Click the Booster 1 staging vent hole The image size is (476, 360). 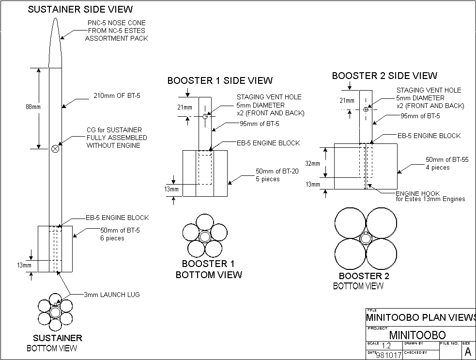coord(205,116)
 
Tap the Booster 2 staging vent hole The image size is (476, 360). coord(366,109)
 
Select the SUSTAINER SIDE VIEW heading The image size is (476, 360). coord(80,9)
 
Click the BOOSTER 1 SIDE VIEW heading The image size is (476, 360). coord(220,80)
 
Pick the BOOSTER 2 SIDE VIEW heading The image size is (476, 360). coord(384,76)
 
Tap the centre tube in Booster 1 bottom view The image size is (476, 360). coord(204,236)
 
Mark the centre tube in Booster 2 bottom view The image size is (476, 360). coord(366,238)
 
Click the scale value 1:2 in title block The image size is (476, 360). coord(386,346)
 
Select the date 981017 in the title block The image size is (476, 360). coord(388,356)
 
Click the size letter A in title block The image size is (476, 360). coord(468,351)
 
